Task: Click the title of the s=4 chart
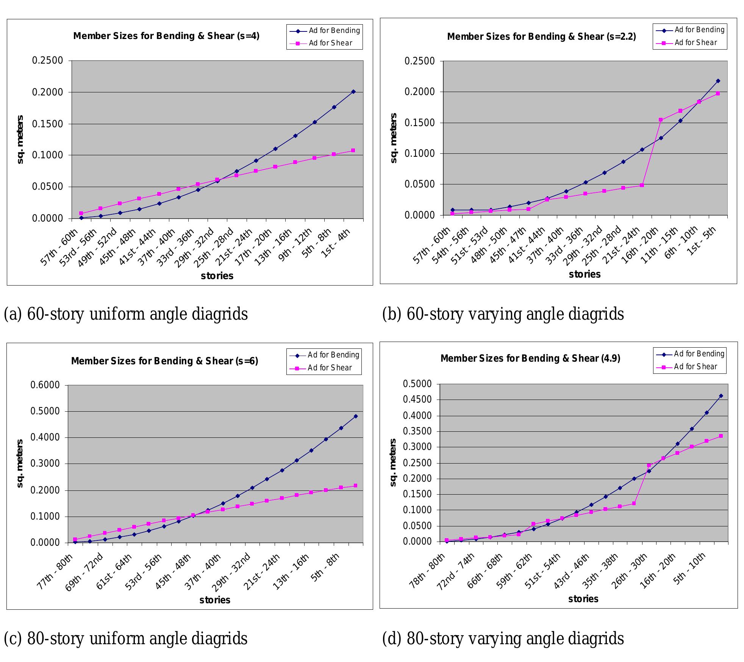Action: click(166, 36)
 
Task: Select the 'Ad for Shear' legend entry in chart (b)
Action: click(696, 43)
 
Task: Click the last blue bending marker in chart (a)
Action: click(353, 92)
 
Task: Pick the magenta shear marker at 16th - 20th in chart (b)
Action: click(661, 120)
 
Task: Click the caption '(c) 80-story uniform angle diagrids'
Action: click(126, 639)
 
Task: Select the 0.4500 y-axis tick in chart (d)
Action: click(418, 400)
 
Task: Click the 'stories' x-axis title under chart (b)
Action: click(585, 274)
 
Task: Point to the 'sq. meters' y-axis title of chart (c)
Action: click(20, 464)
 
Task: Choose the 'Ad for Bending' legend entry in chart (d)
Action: click(699, 354)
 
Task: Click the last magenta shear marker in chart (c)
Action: click(355, 486)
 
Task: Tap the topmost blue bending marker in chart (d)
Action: click(721, 396)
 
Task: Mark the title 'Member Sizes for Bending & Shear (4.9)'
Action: click(530, 358)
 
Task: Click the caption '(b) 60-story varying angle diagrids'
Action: click(503, 314)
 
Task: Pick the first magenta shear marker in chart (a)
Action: click(81, 214)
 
